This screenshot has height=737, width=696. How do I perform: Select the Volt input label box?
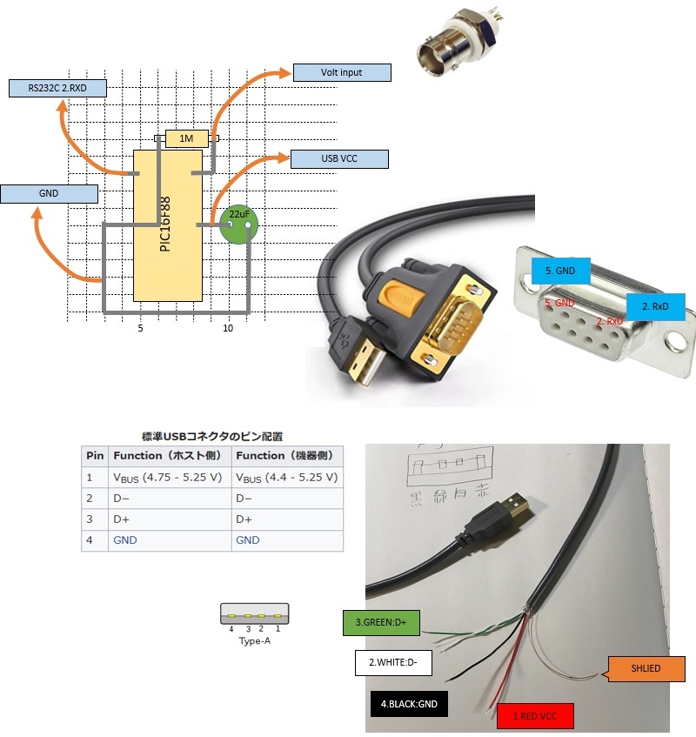341,73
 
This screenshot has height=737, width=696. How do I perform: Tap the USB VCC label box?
338,159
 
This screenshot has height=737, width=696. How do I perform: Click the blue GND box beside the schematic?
49,193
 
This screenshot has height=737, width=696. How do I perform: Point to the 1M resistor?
185,138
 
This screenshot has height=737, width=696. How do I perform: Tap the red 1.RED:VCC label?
539,718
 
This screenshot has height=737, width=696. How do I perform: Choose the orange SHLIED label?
646,668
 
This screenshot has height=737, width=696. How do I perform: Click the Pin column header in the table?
94,456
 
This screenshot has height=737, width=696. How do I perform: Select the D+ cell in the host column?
122,519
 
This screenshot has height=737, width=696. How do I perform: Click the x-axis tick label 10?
228,328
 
